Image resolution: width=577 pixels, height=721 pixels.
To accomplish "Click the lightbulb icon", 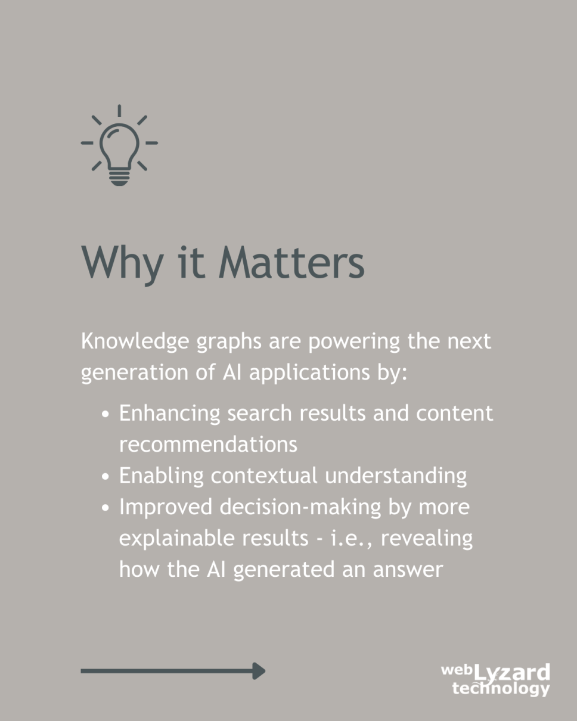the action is (119, 145).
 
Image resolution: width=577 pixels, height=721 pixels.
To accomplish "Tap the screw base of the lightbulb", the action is (119, 178).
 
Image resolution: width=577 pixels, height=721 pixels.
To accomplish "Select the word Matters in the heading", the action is (291, 262).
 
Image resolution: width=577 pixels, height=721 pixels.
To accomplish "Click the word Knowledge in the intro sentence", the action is (135, 342).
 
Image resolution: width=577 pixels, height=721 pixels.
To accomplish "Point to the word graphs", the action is (229, 343).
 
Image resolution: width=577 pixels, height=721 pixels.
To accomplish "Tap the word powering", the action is (354, 343).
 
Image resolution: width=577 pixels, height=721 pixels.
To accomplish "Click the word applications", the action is (309, 374).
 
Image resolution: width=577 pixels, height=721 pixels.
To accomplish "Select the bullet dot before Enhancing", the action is (106, 414).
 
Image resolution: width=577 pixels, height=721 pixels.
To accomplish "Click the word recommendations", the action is (209, 445).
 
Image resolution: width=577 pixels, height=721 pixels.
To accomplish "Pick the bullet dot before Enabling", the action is (106, 477).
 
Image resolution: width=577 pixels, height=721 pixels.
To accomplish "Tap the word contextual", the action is (264, 476).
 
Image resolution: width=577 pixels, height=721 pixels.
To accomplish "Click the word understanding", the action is (396, 476).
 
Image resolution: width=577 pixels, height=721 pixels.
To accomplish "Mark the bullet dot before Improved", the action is (106, 508).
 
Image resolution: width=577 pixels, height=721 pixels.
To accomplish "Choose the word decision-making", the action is (300, 507).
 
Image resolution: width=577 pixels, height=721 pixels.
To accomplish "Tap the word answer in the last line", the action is (408, 570).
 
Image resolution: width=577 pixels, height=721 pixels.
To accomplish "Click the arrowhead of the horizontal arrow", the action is (259, 671).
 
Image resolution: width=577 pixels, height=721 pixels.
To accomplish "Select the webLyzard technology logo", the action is (495, 679).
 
